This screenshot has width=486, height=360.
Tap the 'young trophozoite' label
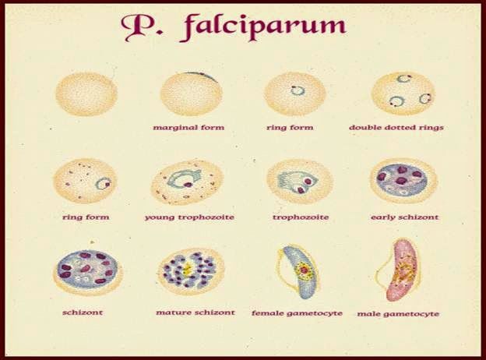(189, 217)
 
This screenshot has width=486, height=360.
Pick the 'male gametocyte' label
(398, 313)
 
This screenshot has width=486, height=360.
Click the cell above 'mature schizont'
(192, 270)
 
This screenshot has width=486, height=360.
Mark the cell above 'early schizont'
(403, 181)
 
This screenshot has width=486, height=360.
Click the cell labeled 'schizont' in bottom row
(87, 270)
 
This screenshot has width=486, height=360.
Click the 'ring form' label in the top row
(294, 126)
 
